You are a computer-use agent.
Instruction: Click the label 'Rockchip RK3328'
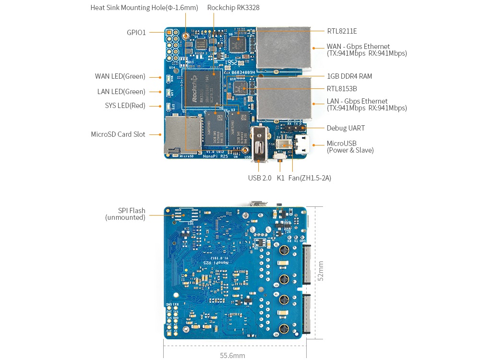233,8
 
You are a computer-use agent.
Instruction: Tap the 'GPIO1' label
136,33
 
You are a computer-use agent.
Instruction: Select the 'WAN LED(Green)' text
120,76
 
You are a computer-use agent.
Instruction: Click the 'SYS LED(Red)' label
125,106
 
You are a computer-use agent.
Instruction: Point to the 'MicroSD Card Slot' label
118,134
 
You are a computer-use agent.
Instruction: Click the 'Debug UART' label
346,128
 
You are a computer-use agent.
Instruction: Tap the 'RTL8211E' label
342,31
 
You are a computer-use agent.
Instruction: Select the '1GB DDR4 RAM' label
349,76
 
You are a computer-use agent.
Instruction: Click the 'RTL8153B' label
342,89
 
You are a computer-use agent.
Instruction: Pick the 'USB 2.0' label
260,178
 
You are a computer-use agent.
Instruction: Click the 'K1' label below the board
281,178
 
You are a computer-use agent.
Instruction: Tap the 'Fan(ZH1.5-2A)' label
310,178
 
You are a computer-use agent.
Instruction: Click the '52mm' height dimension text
321,271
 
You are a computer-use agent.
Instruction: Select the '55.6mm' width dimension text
232,355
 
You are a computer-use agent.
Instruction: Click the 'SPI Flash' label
132,211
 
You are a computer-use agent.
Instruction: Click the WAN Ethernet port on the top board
283,48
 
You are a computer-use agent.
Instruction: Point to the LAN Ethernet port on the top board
283,98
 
